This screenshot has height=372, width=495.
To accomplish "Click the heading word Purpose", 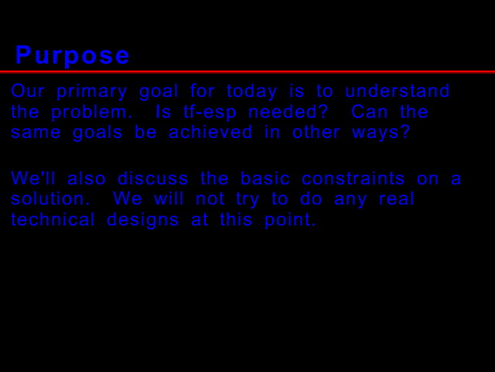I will click(x=73, y=55).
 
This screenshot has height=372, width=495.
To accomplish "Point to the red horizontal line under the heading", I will click(x=247, y=71).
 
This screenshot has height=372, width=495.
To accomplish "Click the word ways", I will click(x=381, y=133).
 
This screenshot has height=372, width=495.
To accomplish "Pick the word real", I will click(x=396, y=199).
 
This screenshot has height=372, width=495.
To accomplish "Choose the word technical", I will click(x=53, y=220).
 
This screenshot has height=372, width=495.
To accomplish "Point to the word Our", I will click(x=28, y=91).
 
